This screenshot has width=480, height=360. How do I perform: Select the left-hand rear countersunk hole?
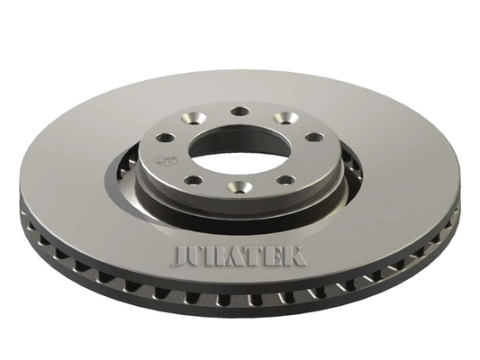(x=195, y=118)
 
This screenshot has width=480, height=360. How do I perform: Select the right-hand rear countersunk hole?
(x=285, y=118)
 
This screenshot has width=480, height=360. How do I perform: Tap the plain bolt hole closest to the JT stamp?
(x=165, y=138)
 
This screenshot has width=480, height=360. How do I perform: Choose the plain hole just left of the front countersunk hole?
(x=196, y=180)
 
